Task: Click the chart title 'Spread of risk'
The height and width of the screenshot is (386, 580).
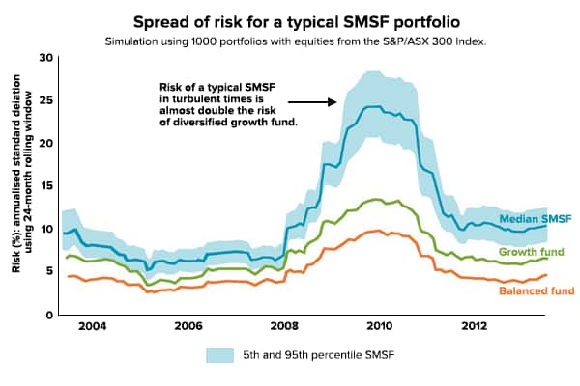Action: pos(290,20)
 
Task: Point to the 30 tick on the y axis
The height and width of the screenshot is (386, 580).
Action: pos(44,58)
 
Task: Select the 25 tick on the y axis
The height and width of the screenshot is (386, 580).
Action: pos(44,100)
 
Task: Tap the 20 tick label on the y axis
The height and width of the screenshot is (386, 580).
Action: pos(44,143)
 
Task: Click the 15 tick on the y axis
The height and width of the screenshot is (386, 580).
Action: pos(44,186)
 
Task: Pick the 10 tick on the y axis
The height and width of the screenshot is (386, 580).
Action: pos(44,229)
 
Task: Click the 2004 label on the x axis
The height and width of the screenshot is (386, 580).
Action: pos(93,326)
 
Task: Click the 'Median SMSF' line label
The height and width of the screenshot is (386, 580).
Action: pos(536,219)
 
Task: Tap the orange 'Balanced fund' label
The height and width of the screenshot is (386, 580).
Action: pos(536,290)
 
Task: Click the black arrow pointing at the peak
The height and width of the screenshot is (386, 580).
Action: pos(311,100)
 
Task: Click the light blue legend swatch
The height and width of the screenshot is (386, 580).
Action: pos(223,356)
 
